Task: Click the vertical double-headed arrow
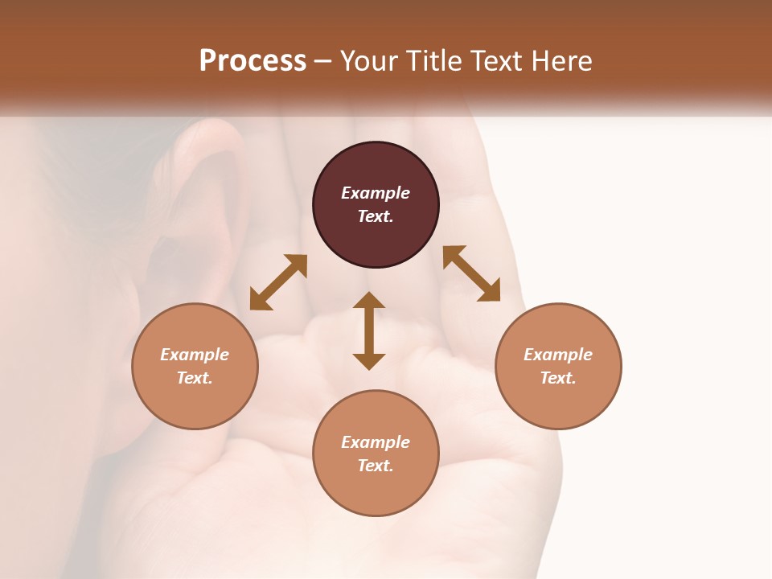pos(369,331)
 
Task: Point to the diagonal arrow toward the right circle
pos(471,273)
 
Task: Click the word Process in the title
pos(253,61)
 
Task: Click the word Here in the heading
pos(562,61)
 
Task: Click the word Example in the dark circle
pos(376,193)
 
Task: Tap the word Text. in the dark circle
pos(376,216)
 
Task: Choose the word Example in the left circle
pos(195,355)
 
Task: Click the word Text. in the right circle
pos(558,378)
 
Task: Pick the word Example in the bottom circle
pos(376,442)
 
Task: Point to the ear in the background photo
pos(201,209)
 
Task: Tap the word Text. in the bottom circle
pos(376,466)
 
